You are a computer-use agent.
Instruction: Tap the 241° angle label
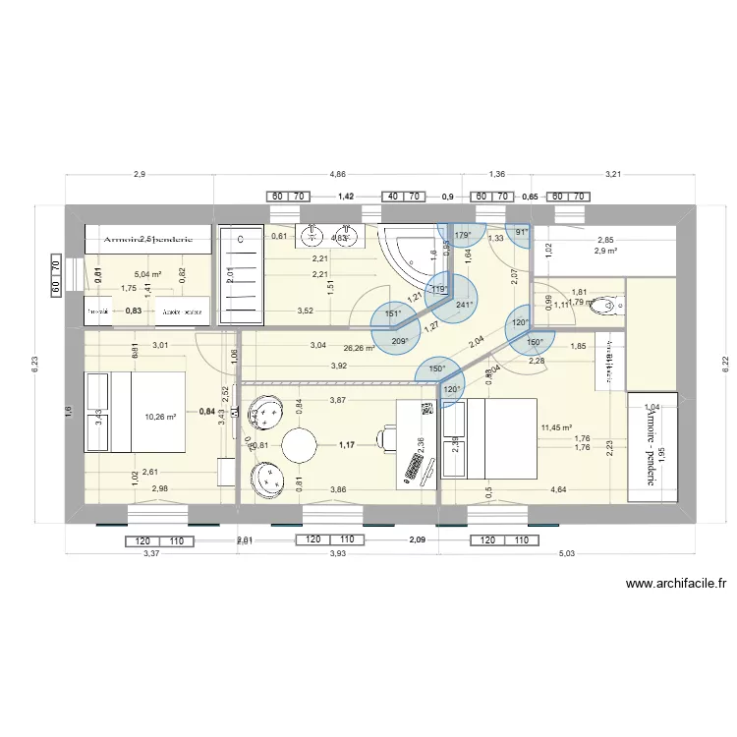[465, 305]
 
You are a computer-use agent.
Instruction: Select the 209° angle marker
[400, 341]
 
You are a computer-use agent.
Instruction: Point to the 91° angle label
[522, 233]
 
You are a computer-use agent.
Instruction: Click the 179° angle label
[464, 234]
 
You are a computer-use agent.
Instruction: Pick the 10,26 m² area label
[160, 417]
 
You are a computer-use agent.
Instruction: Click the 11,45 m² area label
[556, 427]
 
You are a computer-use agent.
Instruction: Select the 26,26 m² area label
[358, 347]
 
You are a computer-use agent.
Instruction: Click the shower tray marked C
[240, 274]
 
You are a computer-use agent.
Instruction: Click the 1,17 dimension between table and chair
[346, 446]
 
